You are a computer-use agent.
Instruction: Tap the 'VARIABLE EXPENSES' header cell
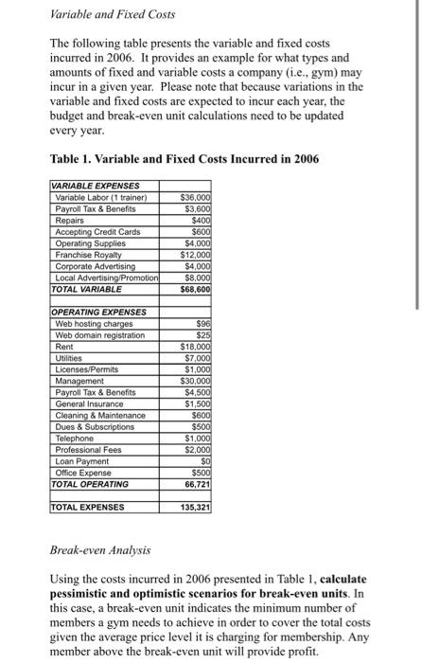point(96,186)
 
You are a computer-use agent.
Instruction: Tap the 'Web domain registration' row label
point(100,334)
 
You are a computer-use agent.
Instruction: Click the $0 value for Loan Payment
point(202,460)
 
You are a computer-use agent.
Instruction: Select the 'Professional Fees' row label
point(90,449)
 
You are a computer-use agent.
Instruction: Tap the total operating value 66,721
point(195,484)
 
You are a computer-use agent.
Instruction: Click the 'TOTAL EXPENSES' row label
point(87,507)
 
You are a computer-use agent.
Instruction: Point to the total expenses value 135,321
point(194,507)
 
